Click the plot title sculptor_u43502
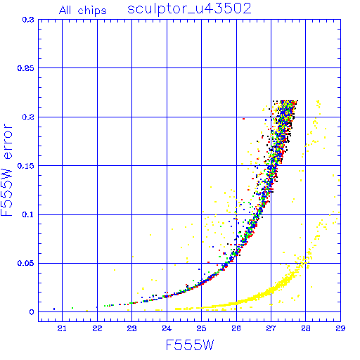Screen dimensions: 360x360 [x=189, y=10]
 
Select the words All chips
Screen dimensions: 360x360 [x=83, y=11]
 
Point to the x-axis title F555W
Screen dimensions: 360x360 [x=190, y=345]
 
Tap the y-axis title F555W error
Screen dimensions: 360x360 [x=7, y=170]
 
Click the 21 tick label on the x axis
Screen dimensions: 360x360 [x=62, y=328]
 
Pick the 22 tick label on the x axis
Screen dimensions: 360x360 [x=97, y=328]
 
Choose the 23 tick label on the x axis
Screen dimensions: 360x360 [x=131, y=328]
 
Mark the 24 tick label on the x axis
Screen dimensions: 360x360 [x=167, y=328]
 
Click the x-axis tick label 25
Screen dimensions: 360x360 [x=201, y=328]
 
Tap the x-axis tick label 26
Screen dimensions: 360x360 [x=236, y=328]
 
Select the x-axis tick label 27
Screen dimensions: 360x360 [x=271, y=328]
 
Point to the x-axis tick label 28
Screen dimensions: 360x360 [x=306, y=328]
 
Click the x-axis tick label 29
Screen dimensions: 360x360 [x=340, y=328]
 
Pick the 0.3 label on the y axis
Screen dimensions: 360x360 [x=28, y=20]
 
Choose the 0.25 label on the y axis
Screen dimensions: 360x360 [x=25, y=68]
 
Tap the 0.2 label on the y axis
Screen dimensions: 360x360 [x=28, y=117]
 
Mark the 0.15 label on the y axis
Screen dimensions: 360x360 [x=25, y=166]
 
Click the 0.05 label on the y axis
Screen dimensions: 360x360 [x=25, y=263]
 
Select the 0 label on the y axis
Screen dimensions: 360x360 [x=32, y=312]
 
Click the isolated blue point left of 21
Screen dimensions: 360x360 [x=54, y=309]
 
